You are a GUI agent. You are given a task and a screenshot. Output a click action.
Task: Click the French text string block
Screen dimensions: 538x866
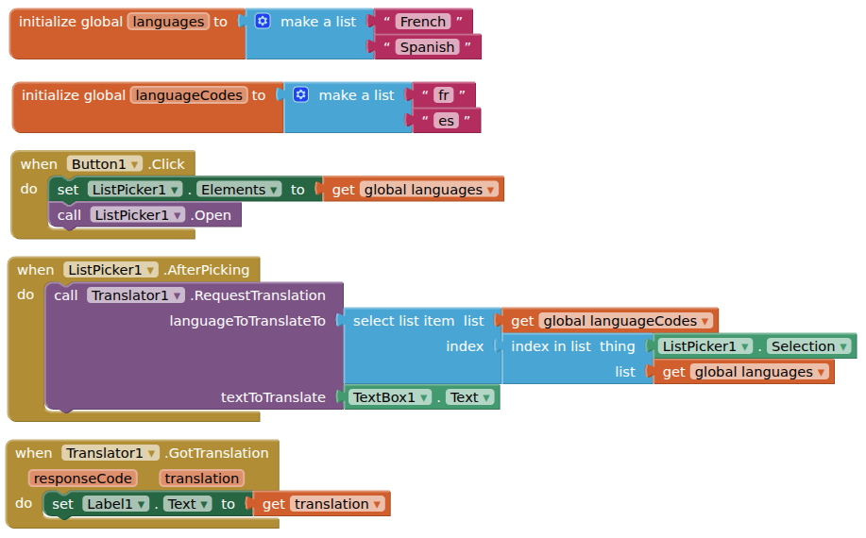pyautogui.click(x=422, y=22)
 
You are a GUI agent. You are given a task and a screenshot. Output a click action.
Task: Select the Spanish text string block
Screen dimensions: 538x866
pyautogui.click(x=428, y=47)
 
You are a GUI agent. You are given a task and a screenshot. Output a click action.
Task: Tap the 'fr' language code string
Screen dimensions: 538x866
pyautogui.click(x=444, y=95)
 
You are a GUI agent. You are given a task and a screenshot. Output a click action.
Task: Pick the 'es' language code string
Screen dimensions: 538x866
pyautogui.click(x=446, y=121)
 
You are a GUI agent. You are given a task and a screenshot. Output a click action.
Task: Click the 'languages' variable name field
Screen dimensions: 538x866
pyautogui.click(x=168, y=22)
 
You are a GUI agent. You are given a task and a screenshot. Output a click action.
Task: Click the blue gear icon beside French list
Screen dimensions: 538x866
pyautogui.click(x=263, y=21)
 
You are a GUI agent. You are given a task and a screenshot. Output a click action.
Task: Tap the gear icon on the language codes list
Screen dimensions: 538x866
pyautogui.click(x=301, y=94)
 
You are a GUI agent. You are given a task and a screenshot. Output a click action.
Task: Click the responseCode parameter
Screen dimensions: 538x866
pyautogui.click(x=82, y=479)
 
